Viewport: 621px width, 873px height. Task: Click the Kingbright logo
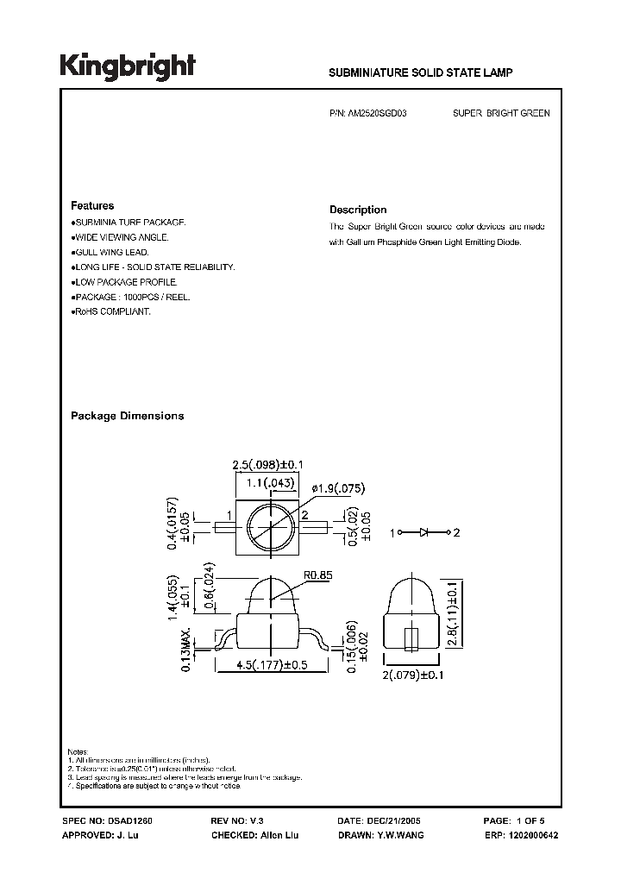pyautogui.click(x=128, y=67)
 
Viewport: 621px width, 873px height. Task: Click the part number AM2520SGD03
pyautogui.click(x=380, y=113)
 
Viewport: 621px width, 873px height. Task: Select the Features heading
pyautogui.click(x=92, y=206)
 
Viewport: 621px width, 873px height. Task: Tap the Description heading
pyautogui.click(x=358, y=210)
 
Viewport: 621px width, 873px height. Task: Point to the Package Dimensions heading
pyautogui.click(x=127, y=416)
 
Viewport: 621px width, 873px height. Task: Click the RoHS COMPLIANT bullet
pyautogui.click(x=112, y=311)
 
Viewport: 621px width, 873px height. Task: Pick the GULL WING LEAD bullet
pyautogui.click(x=112, y=252)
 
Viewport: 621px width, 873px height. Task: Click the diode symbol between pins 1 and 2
pyautogui.click(x=424, y=532)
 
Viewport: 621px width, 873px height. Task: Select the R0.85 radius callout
pyautogui.click(x=319, y=571)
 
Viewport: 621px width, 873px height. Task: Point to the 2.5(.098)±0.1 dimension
pyautogui.click(x=271, y=467)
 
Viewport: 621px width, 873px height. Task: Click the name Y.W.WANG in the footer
pyautogui.click(x=400, y=835)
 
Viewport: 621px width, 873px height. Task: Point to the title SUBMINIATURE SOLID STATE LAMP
pyautogui.click(x=421, y=74)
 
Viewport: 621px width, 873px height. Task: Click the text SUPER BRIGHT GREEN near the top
pyautogui.click(x=501, y=113)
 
